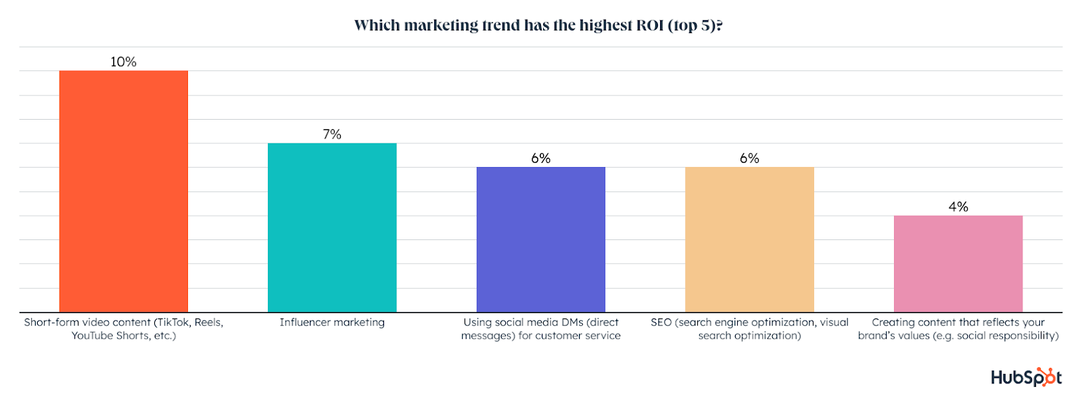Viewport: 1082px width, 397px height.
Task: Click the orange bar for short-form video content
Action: pyautogui.click(x=123, y=191)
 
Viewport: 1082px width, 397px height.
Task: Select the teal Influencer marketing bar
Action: pyautogui.click(x=332, y=227)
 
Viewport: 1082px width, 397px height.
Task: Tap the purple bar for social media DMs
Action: pyautogui.click(x=540, y=239)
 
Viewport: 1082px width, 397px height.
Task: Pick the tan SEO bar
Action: pyautogui.click(x=749, y=239)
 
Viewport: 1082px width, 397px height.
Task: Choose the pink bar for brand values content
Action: pyautogui.click(x=958, y=264)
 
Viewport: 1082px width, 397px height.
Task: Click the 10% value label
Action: pyautogui.click(x=123, y=62)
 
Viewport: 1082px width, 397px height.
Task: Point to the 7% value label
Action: pyautogui.click(x=332, y=134)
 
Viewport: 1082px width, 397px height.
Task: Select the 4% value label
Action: pyautogui.click(x=958, y=206)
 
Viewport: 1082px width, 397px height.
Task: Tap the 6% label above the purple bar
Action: pyautogui.click(x=540, y=158)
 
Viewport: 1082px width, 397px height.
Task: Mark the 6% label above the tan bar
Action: pyautogui.click(x=749, y=158)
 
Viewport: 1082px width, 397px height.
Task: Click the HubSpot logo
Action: pyautogui.click(x=1026, y=377)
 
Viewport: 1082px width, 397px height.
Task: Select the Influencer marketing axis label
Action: pyautogui.click(x=332, y=323)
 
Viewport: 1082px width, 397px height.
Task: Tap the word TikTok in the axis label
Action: pyautogui.click(x=174, y=323)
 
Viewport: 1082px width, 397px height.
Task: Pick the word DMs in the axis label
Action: pyautogui.click(x=572, y=323)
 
